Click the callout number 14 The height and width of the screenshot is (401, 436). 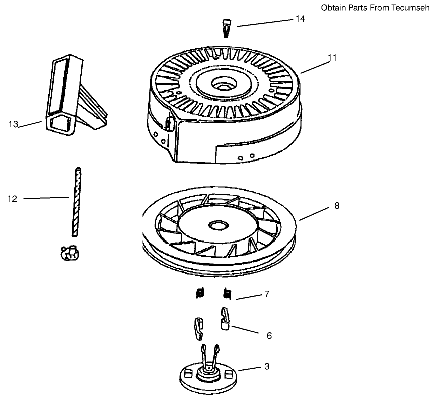coord(300,19)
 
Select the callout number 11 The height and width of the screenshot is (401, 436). coord(332,57)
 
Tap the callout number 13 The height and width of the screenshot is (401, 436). coord(13,124)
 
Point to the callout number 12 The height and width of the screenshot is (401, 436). coord(12,199)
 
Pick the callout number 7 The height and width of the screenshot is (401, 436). coord(266,294)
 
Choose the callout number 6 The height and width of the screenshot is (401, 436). coord(269,335)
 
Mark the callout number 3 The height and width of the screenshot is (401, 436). coord(267,367)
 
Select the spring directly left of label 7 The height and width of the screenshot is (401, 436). coord(228,293)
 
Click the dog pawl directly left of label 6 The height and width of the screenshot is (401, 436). coord(225,318)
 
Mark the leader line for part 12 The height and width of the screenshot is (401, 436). coord(45,198)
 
